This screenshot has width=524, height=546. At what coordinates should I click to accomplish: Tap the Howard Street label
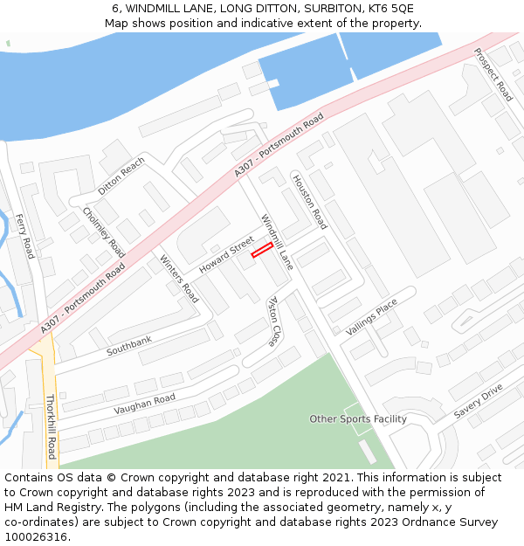(225, 253)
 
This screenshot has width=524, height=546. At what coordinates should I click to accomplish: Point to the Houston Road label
(309, 202)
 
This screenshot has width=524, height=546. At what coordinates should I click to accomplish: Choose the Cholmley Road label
(104, 232)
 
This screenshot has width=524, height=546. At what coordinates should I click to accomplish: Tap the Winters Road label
(179, 278)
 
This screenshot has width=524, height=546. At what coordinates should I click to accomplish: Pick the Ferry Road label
(24, 236)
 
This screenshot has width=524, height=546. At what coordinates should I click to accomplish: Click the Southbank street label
(129, 345)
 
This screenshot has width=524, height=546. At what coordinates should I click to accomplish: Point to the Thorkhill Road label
(51, 426)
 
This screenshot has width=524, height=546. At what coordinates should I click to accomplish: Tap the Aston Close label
(273, 321)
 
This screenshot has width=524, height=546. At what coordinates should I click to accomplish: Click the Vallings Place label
(371, 316)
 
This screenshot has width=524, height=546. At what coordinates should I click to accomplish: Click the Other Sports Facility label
(358, 419)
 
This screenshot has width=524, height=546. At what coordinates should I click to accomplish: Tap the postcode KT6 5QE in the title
(390, 8)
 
